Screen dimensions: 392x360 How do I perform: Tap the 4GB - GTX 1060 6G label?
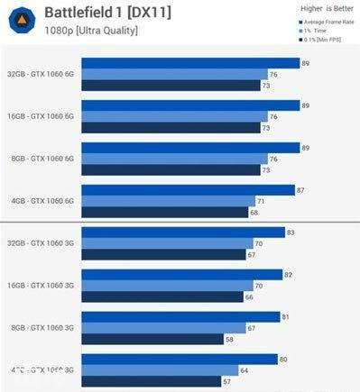point(42,201)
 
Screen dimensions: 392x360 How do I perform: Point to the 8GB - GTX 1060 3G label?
point(42,328)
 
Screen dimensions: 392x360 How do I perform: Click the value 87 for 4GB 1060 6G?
point(300,190)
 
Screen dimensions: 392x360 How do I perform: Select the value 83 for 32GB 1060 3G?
point(290,232)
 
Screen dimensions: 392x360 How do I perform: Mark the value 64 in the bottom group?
point(244,370)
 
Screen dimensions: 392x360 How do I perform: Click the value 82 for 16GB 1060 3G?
point(288,275)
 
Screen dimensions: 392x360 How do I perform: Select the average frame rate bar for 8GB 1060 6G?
point(189,148)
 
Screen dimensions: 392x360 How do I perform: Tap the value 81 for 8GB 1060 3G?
point(285,317)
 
